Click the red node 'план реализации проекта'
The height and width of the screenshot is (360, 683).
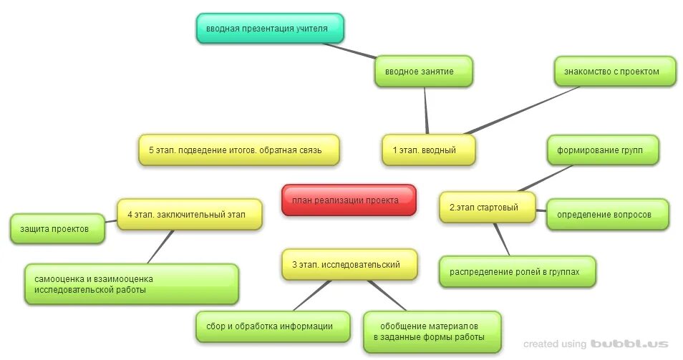click(x=349, y=200)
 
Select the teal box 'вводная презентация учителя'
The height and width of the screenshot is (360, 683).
click(x=270, y=29)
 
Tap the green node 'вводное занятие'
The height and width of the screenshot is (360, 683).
click(x=423, y=72)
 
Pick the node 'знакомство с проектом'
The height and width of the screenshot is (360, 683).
click(x=614, y=72)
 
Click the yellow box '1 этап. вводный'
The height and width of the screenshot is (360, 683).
click(x=428, y=150)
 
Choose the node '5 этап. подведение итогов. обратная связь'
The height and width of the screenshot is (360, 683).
click(x=238, y=150)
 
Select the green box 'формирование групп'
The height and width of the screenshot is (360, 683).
click(x=602, y=150)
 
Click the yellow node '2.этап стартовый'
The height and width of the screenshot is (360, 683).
click(x=487, y=208)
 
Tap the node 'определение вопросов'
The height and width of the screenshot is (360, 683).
click(x=607, y=215)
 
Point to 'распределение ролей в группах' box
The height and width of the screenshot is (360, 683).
click(x=517, y=272)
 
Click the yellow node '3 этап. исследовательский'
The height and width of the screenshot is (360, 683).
click(x=350, y=265)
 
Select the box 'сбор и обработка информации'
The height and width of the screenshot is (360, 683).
click(x=273, y=326)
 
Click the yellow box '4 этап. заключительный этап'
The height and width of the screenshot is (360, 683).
click(x=189, y=214)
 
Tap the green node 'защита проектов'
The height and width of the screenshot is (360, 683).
click(x=57, y=229)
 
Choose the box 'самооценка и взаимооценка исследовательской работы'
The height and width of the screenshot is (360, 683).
click(x=131, y=284)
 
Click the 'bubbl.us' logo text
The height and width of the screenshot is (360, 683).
click(x=629, y=344)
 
